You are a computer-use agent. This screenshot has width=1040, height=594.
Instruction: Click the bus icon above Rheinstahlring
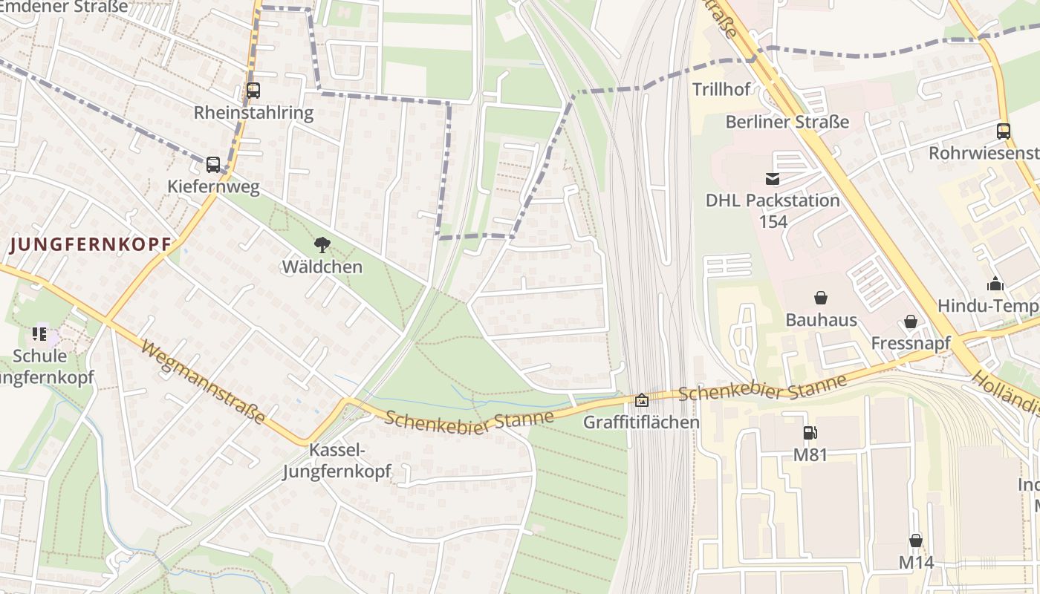pos(253,91)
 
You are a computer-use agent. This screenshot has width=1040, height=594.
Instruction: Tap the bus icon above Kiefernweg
pos(213,164)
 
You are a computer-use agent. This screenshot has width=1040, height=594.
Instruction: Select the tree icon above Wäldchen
pos(322,244)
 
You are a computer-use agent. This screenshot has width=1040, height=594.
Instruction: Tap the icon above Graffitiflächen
pos(641,401)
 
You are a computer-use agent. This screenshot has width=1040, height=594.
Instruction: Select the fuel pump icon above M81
pos(810,433)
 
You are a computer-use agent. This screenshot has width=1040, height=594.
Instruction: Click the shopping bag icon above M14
pos(916,541)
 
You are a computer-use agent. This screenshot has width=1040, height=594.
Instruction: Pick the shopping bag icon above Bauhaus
pos(821,298)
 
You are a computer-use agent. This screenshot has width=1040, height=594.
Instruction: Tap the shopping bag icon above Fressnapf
pos(910,322)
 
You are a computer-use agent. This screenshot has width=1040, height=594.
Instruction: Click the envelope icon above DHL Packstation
pos(773,178)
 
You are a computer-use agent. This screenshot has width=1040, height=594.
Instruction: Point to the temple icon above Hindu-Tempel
pos(995,284)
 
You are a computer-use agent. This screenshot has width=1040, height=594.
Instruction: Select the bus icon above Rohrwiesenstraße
pos(1004,131)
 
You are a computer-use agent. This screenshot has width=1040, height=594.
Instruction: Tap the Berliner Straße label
pos(787,122)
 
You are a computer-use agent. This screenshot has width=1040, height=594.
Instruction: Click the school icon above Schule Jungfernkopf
pos(39,334)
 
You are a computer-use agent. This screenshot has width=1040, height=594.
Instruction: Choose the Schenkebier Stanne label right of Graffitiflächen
pos(762,388)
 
